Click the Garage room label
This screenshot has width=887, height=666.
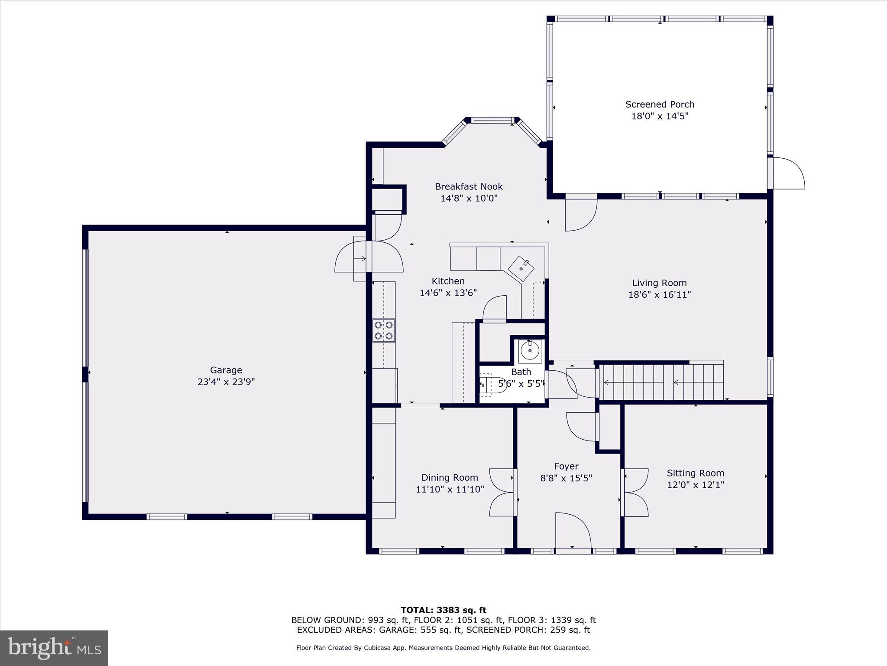point(226,370)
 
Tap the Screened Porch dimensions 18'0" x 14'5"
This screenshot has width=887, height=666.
point(660,116)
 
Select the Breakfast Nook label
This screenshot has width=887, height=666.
point(469,186)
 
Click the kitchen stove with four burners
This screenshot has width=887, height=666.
point(384,330)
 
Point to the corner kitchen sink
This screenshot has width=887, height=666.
point(521,268)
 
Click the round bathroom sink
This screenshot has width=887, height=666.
point(530,350)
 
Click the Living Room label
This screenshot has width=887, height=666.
point(659,283)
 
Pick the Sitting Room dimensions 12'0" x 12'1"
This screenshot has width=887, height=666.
point(695,485)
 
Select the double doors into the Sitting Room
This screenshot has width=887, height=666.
point(636,492)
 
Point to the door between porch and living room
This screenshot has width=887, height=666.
point(581,213)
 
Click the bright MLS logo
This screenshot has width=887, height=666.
point(54,648)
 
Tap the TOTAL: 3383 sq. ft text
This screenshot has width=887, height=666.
point(443,610)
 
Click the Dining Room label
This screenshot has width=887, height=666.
point(450,477)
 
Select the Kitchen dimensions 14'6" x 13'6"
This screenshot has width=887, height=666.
point(448,293)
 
